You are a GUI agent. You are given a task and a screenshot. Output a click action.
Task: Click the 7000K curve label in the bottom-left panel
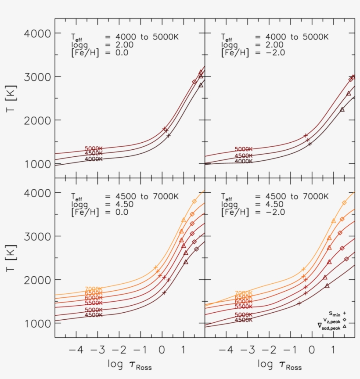[94, 289]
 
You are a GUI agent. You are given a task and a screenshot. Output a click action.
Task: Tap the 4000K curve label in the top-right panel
[243, 161]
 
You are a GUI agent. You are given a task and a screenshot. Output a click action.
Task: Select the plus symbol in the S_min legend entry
[345, 313]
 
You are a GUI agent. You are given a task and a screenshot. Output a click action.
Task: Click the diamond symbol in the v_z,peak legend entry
[345, 320]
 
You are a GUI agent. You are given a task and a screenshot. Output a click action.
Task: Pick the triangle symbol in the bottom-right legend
[345, 326]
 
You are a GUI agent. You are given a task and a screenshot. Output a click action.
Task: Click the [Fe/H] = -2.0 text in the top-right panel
[252, 53]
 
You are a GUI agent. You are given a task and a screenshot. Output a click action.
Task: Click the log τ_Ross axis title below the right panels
[280, 365]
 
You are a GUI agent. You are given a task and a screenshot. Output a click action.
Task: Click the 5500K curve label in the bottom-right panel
[243, 307]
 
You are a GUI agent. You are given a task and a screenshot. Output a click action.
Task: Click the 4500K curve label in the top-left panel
[94, 154]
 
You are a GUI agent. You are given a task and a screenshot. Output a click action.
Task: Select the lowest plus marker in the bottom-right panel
[299, 303]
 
